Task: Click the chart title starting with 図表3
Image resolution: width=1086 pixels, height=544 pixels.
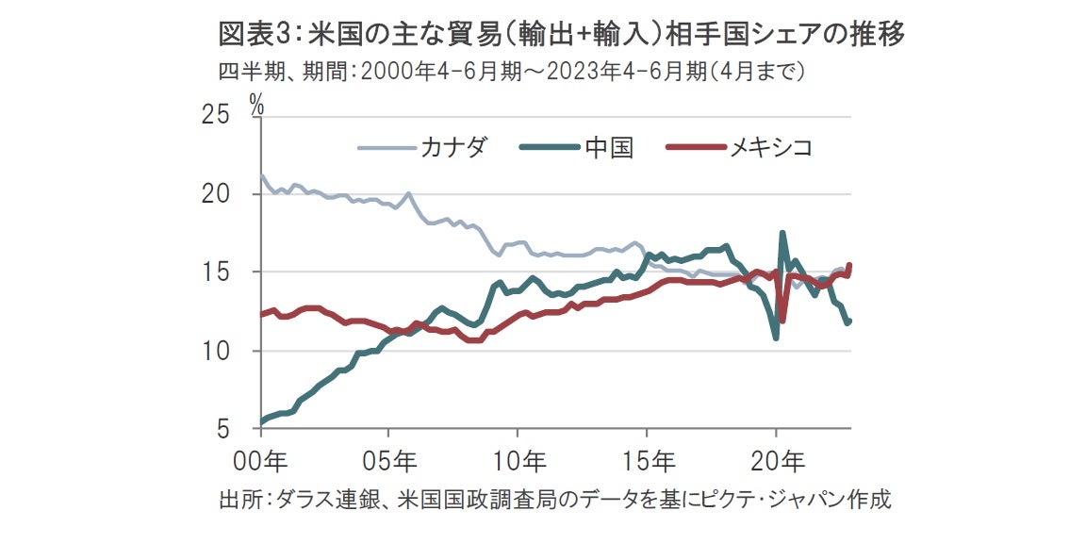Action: (x=562, y=35)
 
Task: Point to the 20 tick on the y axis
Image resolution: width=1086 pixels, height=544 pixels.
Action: (x=217, y=194)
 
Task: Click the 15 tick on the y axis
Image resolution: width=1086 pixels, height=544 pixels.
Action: (x=217, y=272)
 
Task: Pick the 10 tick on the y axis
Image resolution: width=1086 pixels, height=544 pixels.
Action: (x=217, y=351)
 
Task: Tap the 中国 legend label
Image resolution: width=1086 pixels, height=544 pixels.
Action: (x=608, y=147)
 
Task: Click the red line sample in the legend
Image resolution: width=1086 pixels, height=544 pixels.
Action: (x=695, y=147)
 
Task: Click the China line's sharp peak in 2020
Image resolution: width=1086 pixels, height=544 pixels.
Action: (x=782, y=233)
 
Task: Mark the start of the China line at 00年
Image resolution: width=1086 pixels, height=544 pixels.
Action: (x=261, y=421)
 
